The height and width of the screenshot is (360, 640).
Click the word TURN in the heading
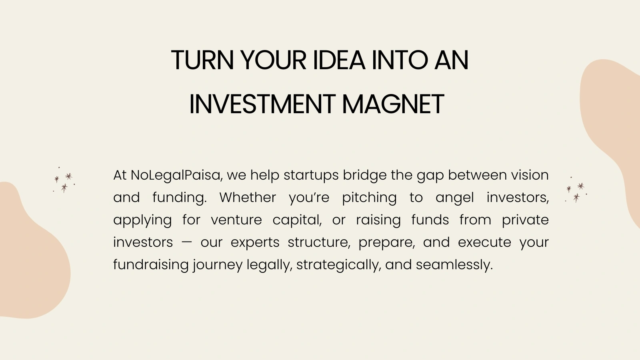(202, 60)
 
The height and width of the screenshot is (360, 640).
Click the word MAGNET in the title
(393, 104)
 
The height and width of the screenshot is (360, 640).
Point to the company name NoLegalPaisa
(175, 176)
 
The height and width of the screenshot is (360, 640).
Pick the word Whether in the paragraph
(248, 198)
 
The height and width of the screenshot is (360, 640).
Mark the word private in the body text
(525, 220)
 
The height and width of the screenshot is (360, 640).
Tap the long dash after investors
(187, 242)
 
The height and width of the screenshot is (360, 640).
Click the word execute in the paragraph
(484, 242)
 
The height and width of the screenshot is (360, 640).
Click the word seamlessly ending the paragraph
(454, 265)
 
